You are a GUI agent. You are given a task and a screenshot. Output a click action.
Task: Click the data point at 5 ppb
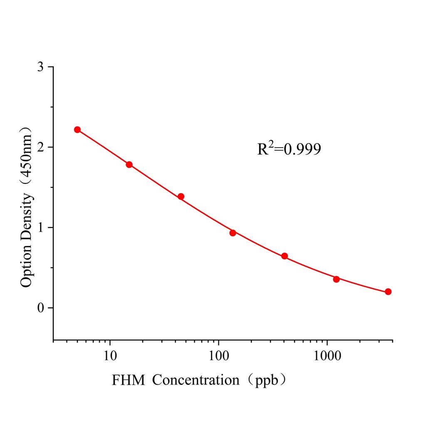[x=77, y=130]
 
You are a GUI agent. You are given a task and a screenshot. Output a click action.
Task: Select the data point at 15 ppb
[x=129, y=165]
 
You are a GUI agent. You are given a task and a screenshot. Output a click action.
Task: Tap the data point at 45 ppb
[x=181, y=196]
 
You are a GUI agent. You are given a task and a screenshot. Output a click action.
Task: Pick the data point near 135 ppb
[x=233, y=233]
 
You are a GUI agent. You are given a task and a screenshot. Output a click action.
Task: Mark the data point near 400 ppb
[x=285, y=256]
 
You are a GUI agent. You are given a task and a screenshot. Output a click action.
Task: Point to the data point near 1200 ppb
[x=336, y=279]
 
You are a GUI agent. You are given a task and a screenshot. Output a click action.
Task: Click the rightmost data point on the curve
[x=388, y=292]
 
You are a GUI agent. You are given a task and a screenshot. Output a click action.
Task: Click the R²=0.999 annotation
[x=289, y=149]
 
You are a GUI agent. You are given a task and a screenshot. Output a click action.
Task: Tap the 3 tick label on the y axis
[x=40, y=67]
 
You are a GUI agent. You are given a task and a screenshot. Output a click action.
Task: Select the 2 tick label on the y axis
[x=40, y=148]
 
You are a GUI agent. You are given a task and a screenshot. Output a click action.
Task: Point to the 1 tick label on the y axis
[x=40, y=228]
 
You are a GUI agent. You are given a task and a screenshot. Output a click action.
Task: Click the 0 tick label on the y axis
[x=40, y=308]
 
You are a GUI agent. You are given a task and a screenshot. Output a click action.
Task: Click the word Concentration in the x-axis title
[x=196, y=380]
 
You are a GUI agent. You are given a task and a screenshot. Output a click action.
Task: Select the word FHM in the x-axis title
[x=129, y=380]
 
